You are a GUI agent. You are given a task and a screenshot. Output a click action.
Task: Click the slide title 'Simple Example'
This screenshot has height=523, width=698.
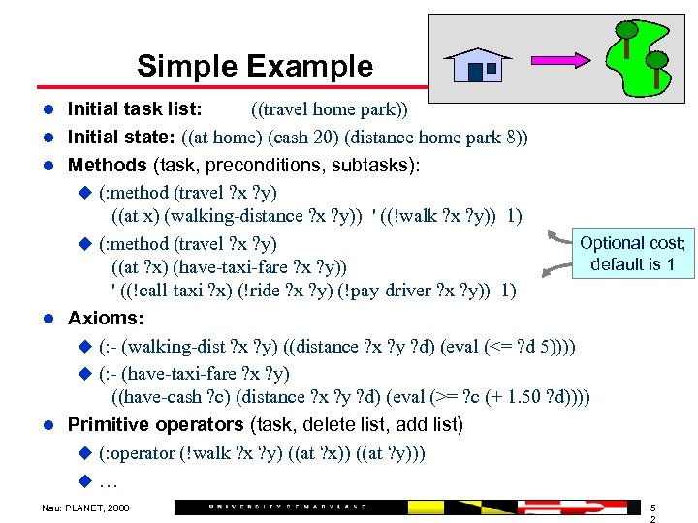[x=254, y=66]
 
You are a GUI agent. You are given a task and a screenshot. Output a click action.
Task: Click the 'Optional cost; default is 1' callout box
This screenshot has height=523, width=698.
[x=632, y=253]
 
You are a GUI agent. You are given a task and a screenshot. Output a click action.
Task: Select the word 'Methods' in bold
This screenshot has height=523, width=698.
[x=108, y=165]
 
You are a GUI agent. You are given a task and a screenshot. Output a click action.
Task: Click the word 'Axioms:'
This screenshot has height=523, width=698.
[x=106, y=318]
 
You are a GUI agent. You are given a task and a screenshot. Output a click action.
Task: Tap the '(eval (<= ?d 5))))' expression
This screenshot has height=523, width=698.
[x=507, y=346]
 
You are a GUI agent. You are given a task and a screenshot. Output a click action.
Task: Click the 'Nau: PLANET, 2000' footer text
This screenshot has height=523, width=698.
[x=85, y=507]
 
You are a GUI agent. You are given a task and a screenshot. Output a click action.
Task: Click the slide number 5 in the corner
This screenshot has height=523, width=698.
[x=653, y=507]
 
